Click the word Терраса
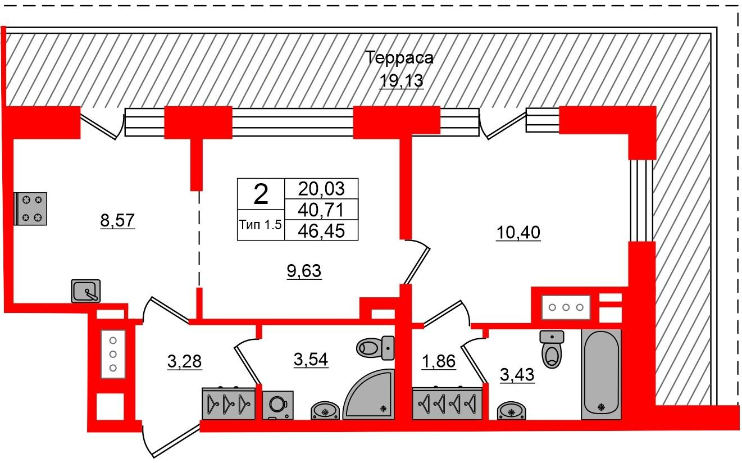click(399, 58)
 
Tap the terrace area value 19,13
click(402, 80)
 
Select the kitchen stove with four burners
click(30, 209)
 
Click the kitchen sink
click(86, 291)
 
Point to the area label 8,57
click(117, 220)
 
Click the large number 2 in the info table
click(261, 194)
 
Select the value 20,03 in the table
click(321, 189)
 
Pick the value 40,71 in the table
click(321, 210)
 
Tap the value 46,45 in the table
click(321, 231)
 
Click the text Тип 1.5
click(261, 225)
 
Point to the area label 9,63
click(304, 271)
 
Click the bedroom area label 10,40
click(518, 233)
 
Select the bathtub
click(601, 375)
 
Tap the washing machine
click(278, 405)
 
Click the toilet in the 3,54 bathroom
click(375, 348)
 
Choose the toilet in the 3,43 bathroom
click(552, 349)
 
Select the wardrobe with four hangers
click(447, 403)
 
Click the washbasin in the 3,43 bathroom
click(512, 411)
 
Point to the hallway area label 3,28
click(184, 361)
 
